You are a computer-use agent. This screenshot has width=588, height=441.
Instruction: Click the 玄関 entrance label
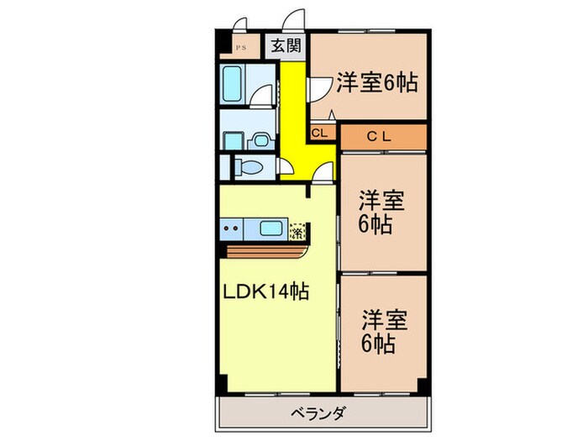click(286, 46)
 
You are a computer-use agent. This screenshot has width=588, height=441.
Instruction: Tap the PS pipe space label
click(239, 47)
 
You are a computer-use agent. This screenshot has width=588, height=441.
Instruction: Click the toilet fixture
click(249, 165)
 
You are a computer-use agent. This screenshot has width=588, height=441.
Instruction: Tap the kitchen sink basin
click(270, 228)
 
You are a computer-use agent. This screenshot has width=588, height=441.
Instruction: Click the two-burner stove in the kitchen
click(231, 228)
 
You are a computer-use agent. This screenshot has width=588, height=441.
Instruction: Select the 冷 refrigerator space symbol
click(297, 229)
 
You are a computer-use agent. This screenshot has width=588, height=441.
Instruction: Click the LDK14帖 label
click(265, 292)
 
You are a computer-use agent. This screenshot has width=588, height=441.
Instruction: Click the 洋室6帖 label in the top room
click(377, 82)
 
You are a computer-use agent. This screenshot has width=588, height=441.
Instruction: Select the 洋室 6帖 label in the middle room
click(382, 212)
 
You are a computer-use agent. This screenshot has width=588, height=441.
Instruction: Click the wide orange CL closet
click(383, 135)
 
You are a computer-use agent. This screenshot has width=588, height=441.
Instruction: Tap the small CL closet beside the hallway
click(320, 134)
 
